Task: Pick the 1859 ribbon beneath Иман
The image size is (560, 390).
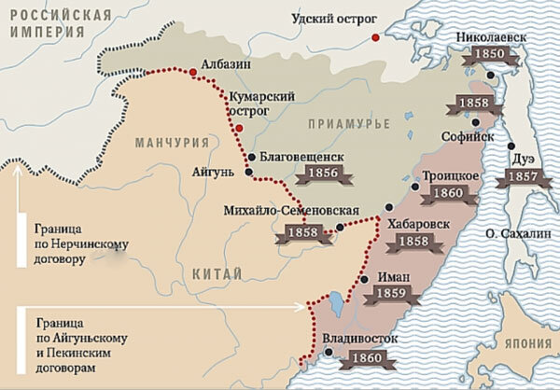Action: click(x=387, y=295)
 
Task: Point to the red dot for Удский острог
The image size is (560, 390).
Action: click(x=375, y=38)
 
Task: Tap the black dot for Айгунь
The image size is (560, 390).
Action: click(x=248, y=172)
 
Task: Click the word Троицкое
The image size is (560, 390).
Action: click(x=455, y=175)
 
